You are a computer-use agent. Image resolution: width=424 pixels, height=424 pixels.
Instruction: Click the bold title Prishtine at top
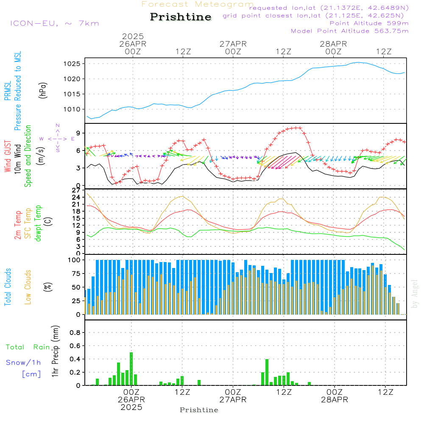pyautogui.click(x=181, y=17)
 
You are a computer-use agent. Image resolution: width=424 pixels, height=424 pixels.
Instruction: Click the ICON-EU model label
pyautogui.click(x=54, y=23)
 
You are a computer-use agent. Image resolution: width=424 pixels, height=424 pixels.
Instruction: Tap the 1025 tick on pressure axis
pyautogui.click(x=73, y=64)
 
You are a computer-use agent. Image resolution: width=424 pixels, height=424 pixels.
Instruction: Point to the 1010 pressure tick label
pyautogui.click(x=73, y=109)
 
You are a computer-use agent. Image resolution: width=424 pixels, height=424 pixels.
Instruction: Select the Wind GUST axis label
pyautogui.click(x=8, y=156)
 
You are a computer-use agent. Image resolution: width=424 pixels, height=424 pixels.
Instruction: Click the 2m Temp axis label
pyautogui.click(x=18, y=224)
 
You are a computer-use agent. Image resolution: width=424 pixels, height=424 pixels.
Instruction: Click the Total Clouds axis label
pyautogui.click(x=8, y=287)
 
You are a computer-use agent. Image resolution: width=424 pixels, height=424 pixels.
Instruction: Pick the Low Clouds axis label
pyautogui.click(x=28, y=287)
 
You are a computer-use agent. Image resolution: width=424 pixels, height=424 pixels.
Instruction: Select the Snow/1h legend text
pyautogui.click(x=24, y=363)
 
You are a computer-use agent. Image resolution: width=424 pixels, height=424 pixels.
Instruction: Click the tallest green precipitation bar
pyautogui.click(x=131, y=368)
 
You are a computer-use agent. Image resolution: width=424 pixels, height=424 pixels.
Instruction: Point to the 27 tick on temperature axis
pyautogui.click(x=77, y=190)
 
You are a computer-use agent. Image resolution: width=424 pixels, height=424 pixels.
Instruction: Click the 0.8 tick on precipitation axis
pyautogui.click(x=75, y=332)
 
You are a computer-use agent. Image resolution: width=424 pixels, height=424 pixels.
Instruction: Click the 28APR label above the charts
pyautogui.click(x=333, y=44)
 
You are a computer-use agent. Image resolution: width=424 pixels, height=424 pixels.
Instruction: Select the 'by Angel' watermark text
pyautogui.click(x=415, y=293)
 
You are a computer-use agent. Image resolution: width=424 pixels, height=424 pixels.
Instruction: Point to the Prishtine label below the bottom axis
pyautogui.click(x=199, y=410)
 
